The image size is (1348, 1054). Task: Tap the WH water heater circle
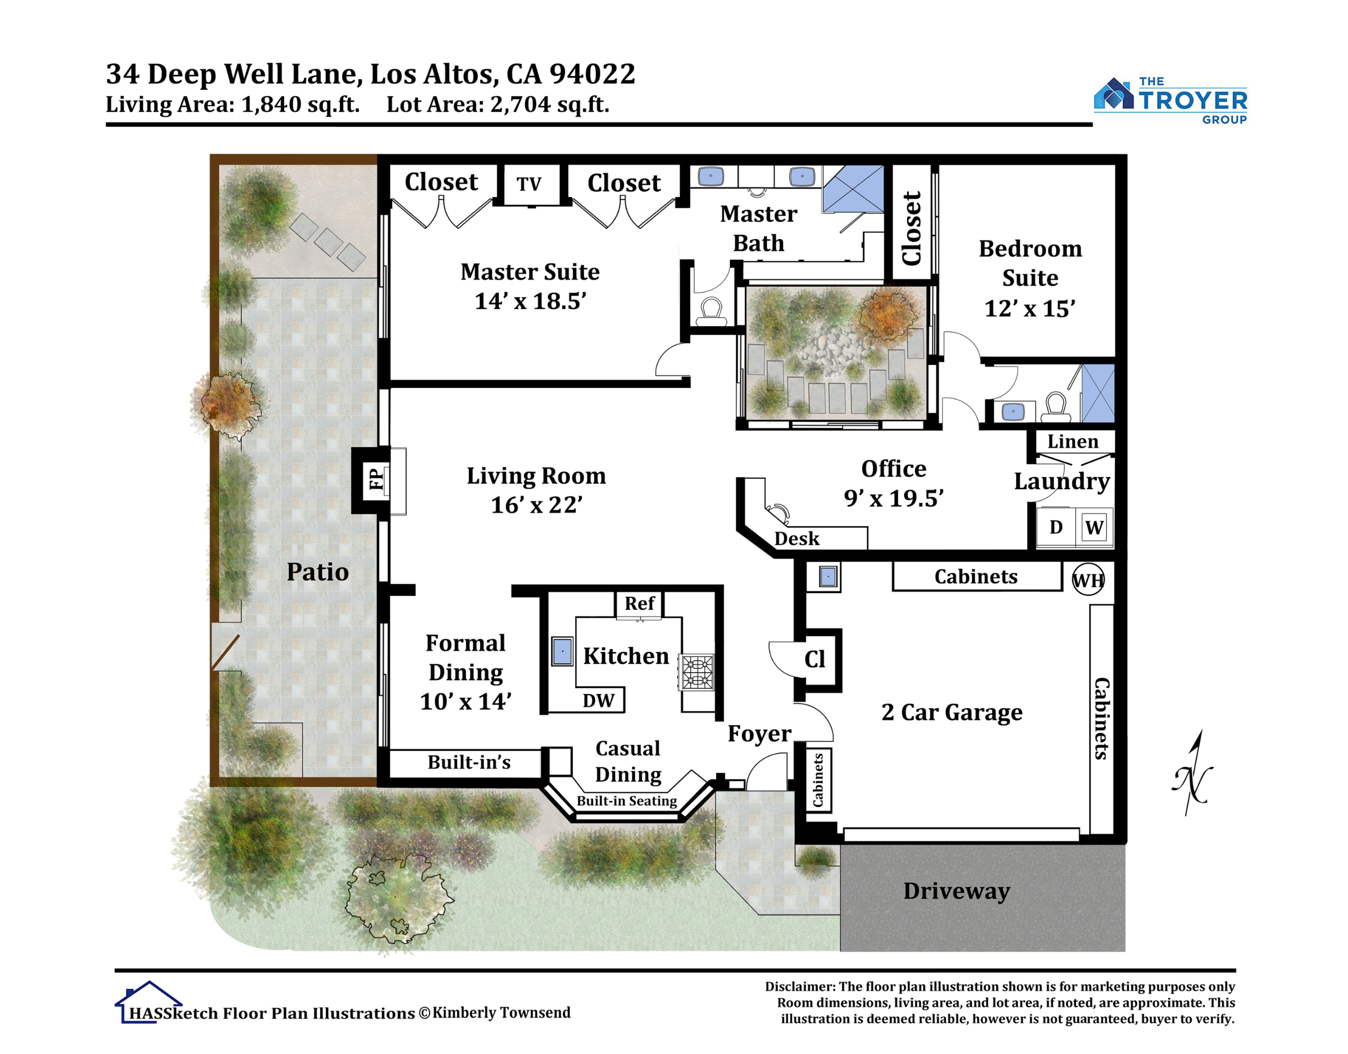[x=1088, y=580]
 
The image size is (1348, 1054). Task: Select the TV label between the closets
[x=529, y=184]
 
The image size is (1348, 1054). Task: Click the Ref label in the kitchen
[x=639, y=604]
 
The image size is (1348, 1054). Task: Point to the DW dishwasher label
[x=598, y=700]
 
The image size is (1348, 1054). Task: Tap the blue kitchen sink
[x=562, y=651]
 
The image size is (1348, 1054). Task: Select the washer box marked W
[x=1094, y=527]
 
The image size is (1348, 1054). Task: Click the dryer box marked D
[x=1056, y=527]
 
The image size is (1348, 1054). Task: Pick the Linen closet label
[x=1073, y=442]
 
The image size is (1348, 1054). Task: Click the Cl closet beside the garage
[x=815, y=659]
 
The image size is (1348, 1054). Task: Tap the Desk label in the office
[x=797, y=539]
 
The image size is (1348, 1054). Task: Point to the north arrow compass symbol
[x=1192, y=773]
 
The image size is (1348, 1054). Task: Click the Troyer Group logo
[x=1171, y=101]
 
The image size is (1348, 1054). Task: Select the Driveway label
[x=957, y=891]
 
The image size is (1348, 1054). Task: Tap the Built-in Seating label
[x=626, y=801]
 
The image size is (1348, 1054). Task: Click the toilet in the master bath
[x=712, y=312]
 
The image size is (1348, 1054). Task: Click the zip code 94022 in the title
[x=592, y=74]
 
